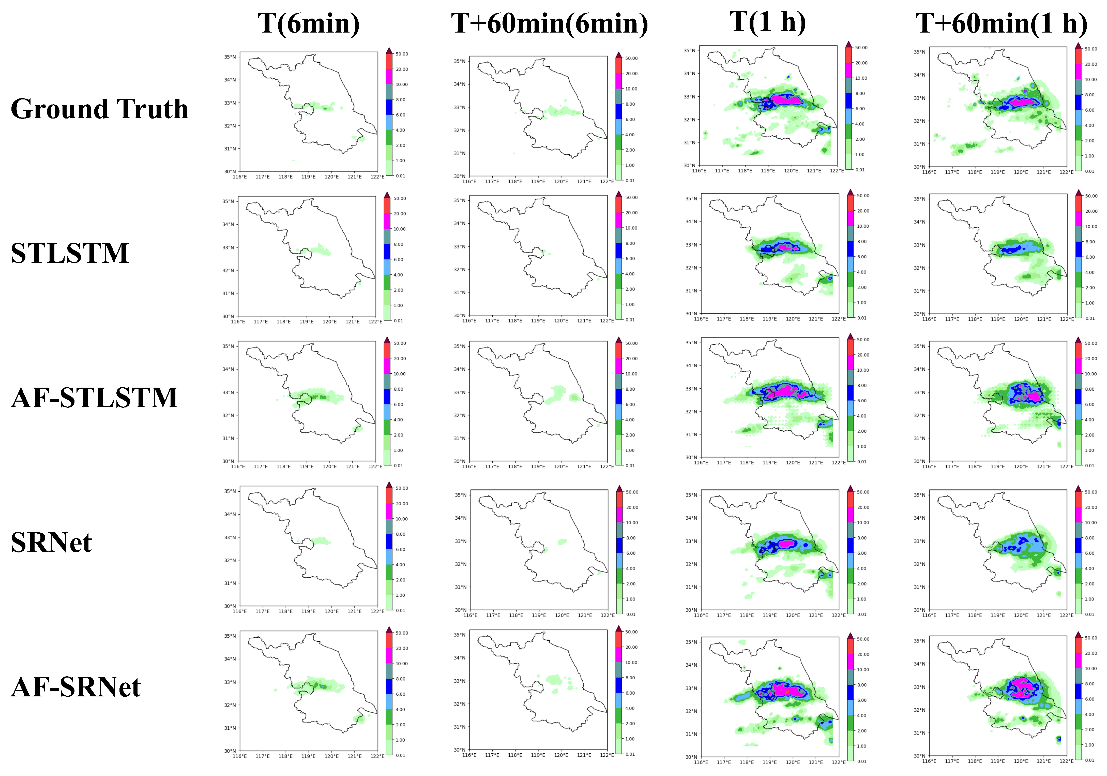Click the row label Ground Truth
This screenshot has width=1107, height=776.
(x=99, y=109)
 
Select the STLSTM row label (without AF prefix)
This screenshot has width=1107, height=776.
(x=70, y=253)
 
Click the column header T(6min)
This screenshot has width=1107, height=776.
(x=309, y=23)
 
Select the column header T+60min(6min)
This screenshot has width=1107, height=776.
(x=550, y=23)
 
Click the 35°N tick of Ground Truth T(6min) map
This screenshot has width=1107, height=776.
(x=230, y=57)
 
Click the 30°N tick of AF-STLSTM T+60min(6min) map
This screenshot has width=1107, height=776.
(x=460, y=461)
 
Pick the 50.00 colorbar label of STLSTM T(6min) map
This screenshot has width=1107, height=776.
(x=400, y=198)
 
